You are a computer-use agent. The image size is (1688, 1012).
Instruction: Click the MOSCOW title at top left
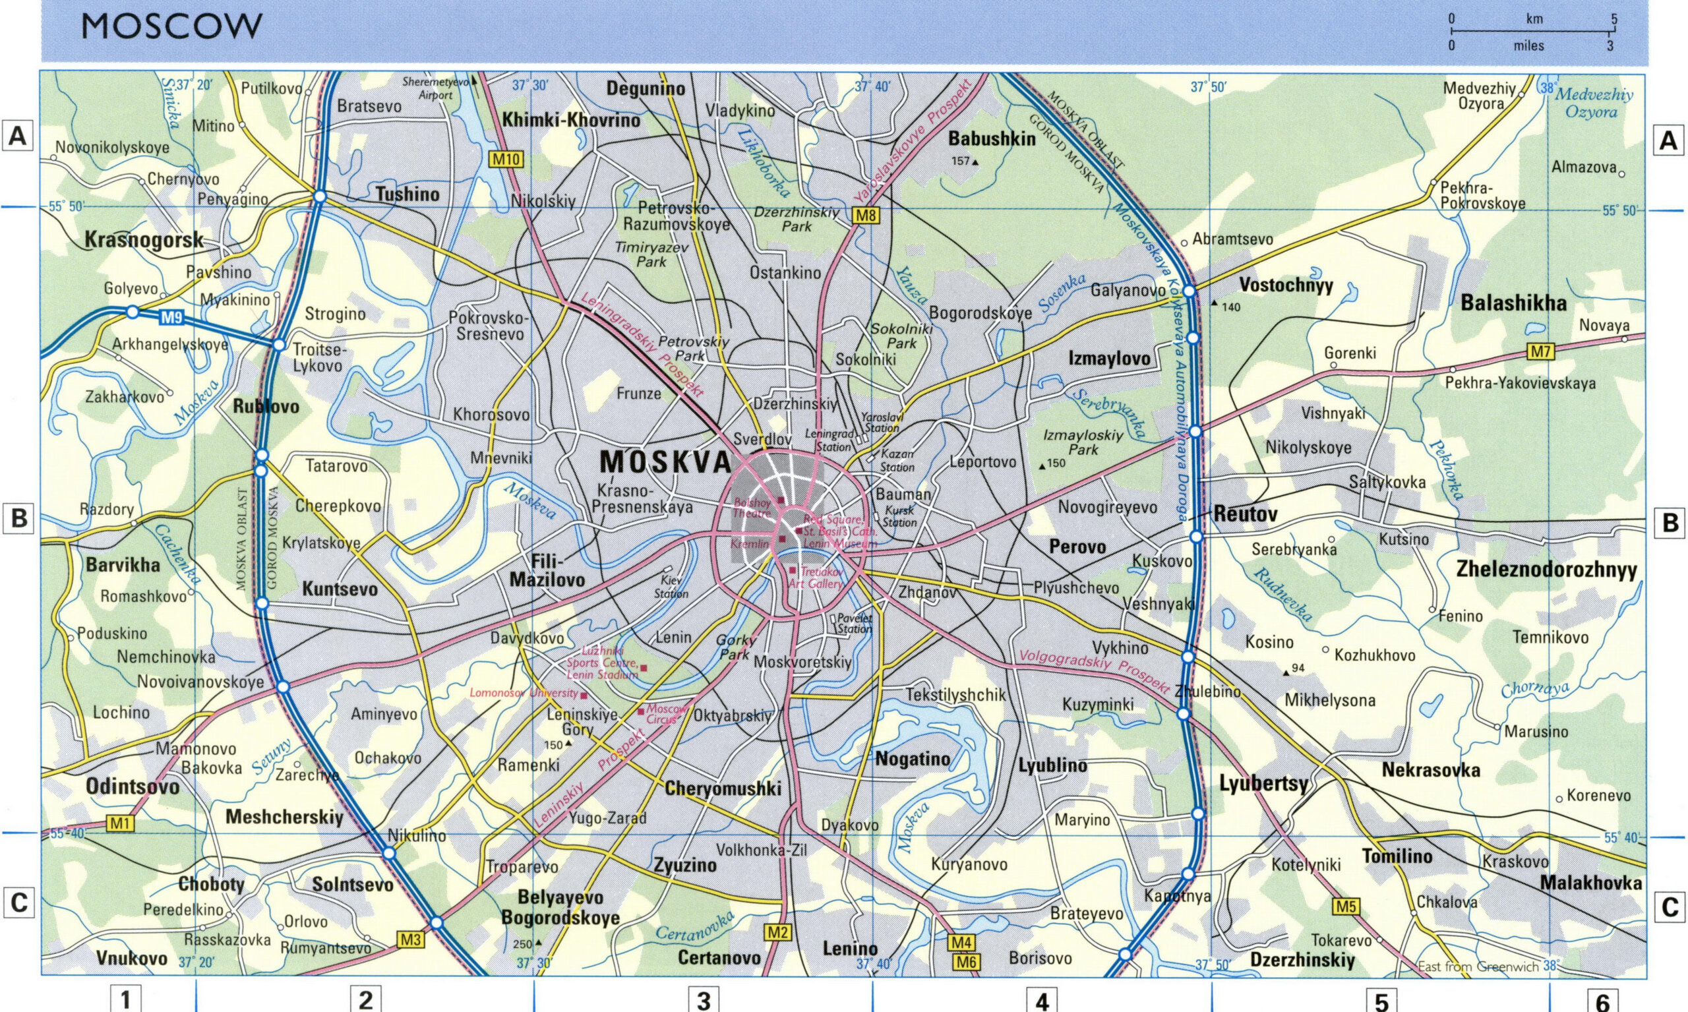point(172,27)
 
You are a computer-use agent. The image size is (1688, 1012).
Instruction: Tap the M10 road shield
point(507,160)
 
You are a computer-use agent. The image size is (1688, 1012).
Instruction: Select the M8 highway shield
point(866,216)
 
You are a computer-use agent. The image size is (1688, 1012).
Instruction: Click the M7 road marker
point(1540,352)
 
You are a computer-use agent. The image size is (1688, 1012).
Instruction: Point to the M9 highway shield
point(171,317)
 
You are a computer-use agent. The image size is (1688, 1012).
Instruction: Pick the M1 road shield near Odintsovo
point(120,824)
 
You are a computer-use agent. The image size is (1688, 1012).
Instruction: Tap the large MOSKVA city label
point(666,463)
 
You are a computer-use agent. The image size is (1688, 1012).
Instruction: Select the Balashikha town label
point(1513,303)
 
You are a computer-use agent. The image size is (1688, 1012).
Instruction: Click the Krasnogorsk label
point(144,239)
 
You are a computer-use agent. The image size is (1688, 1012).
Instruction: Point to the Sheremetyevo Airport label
point(437,88)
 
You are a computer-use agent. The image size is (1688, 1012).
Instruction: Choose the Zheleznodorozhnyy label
point(1546,570)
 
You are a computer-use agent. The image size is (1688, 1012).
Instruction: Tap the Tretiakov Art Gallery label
point(817,578)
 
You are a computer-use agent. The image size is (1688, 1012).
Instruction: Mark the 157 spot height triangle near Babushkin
point(975,162)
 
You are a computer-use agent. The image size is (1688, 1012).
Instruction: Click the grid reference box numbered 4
point(1041,1000)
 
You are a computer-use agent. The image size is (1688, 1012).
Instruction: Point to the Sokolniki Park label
point(901,336)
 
